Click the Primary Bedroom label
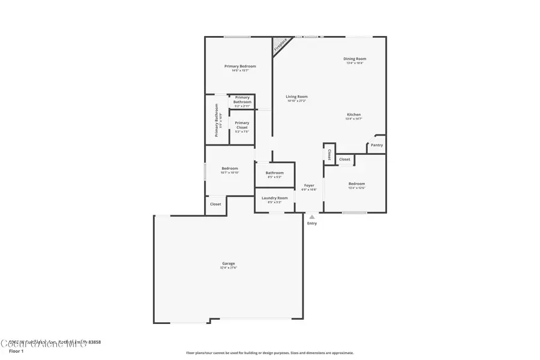240,66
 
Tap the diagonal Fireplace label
280,44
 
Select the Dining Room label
355,59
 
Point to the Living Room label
296,97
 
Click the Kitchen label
353,115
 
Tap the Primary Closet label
242,125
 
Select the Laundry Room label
274,198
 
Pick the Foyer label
308,185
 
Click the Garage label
228,263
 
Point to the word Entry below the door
312,224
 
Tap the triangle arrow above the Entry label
311,217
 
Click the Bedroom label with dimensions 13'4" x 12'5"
356,184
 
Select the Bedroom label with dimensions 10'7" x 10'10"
230,169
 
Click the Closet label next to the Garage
215,204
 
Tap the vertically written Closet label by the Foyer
329,154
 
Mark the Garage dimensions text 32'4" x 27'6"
228,268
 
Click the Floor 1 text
16,351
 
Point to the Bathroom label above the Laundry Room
274,173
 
